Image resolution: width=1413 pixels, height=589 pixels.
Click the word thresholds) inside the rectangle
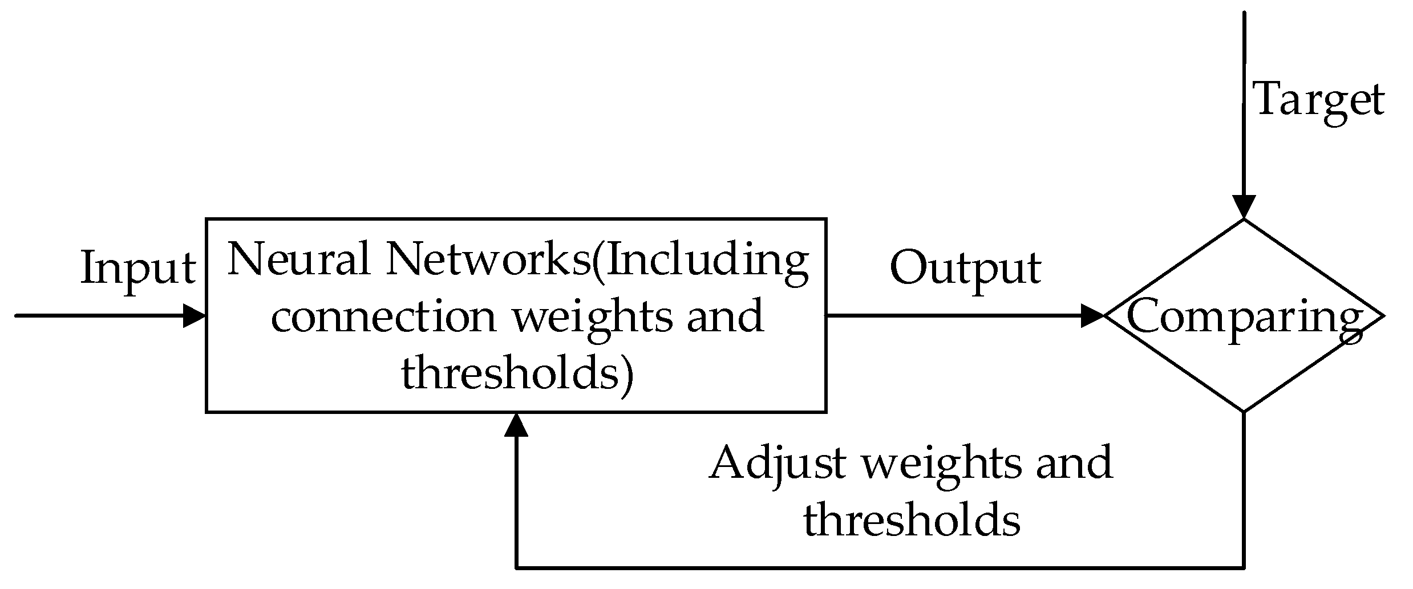[517, 374]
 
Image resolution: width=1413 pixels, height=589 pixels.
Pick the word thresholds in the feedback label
[912, 520]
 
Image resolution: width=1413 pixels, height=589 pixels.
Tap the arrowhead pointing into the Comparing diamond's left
[1093, 315]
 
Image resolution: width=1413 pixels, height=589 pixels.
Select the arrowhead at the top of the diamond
[1244, 207]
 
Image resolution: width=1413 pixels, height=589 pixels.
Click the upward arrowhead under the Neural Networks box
[516, 425]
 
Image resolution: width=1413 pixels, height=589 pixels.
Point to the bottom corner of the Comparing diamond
[1244, 411]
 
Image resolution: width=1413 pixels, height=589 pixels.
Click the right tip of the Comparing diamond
[1382, 315]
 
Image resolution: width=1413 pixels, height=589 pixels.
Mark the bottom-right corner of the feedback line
[1244, 567]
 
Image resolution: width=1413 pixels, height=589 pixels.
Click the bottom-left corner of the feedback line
[516, 567]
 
